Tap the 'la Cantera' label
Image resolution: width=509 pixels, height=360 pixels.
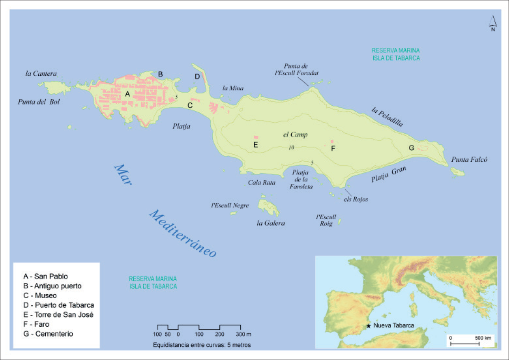click(x=41, y=74)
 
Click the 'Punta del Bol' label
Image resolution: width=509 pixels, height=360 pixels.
click(x=39, y=102)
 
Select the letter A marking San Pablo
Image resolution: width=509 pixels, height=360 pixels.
click(x=128, y=94)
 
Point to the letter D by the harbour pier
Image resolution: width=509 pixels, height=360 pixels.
click(x=197, y=77)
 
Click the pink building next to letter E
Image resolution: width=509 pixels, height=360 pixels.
click(x=256, y=137)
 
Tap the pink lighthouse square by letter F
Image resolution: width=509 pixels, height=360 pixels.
click(x=332, y=142)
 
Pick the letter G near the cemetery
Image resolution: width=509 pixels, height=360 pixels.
click(x=411, y=148)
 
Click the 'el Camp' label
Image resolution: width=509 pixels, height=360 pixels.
click(x=295, y=135)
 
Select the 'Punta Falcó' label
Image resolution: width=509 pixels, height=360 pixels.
click(x=469, y=160)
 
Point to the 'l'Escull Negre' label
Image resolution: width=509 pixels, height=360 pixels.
click(x=230, y=205)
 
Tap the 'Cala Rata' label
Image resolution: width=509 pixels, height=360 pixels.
click(x=262, y=182)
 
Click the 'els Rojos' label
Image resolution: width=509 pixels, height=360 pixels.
click(x=356, y=199)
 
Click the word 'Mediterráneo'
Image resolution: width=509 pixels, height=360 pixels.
click(x=182, y=233)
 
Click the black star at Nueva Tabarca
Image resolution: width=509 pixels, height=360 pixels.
click(x=369, y=326)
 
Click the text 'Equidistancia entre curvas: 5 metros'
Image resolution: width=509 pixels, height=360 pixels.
click(x=202, y=345)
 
